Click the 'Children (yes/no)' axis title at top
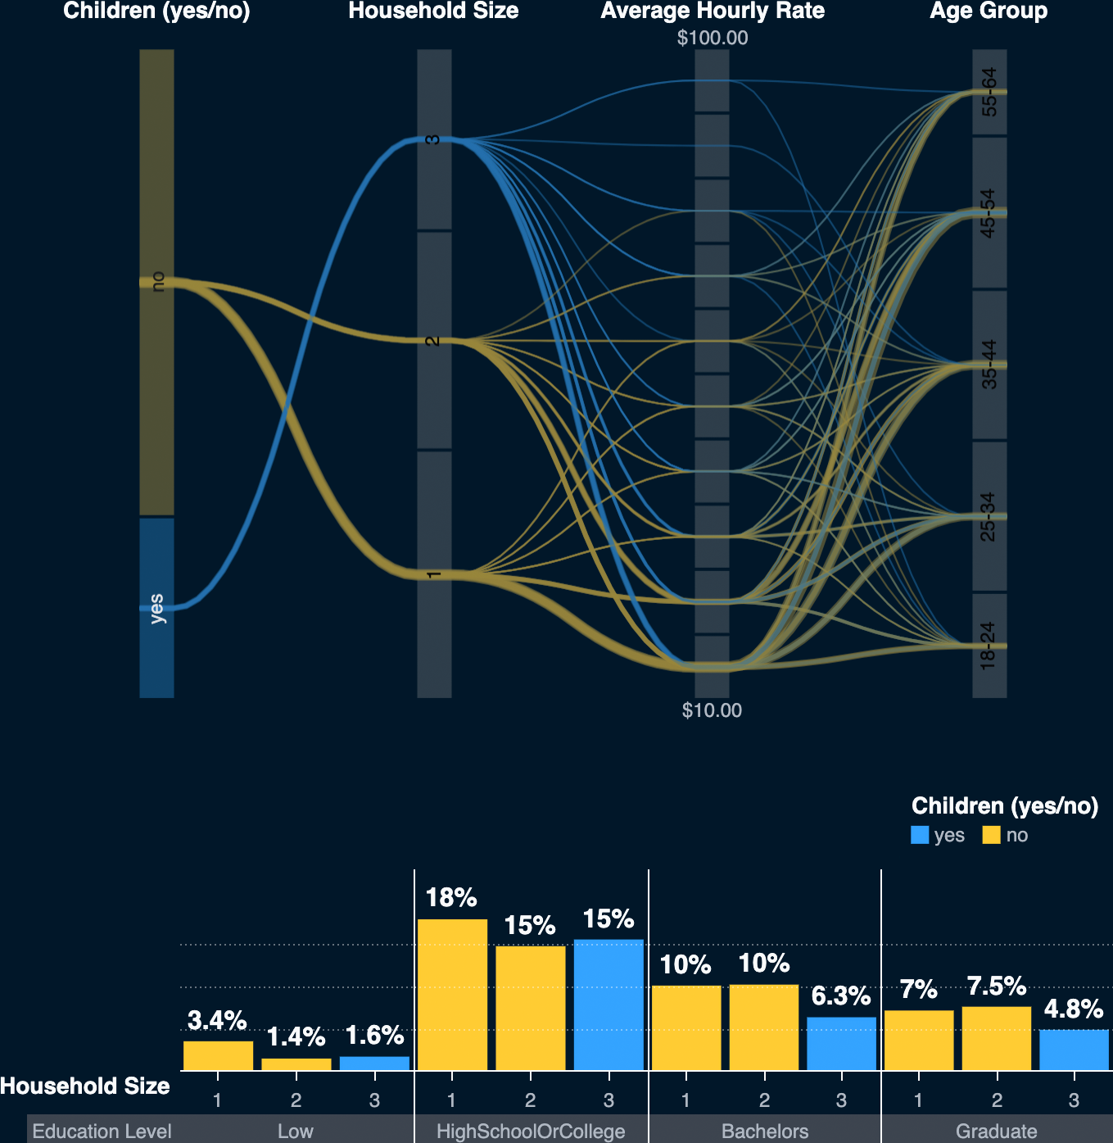[x=156, y=11]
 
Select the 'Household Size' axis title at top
[x=433, y=11]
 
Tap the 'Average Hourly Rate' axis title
[x=712, y=11]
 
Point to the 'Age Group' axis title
[x=989, y=11]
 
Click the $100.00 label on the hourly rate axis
[x=712, y=38]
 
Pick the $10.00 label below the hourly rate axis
[x=712, y=710]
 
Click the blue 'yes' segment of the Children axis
[x=156, y=607]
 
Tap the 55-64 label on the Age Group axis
[x=989, y=92]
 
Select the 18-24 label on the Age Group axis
[x=989, y=646]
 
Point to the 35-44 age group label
[x=989, y=364]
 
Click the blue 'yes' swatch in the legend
[x=920, y=835]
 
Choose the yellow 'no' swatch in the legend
[x=992, y=835]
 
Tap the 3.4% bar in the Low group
[x=218, y=1055]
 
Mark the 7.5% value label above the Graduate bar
[x=996, y=987]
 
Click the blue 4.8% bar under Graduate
[x=1074, y=1050]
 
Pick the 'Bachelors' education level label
[x=765, y=1132]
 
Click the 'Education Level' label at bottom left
[x=102, y=1132]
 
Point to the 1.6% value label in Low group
[x=374, y=1036]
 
